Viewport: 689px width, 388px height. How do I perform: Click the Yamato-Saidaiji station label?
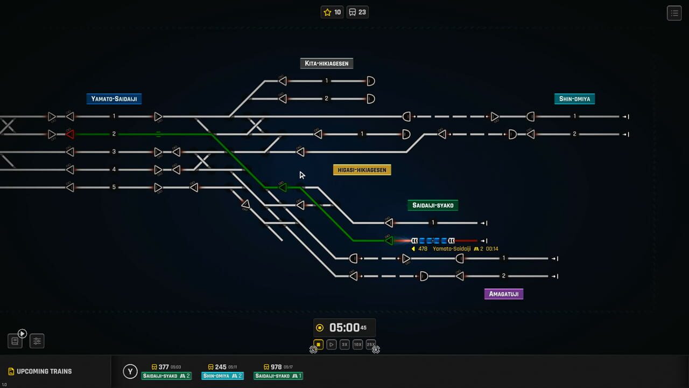pos(114,99)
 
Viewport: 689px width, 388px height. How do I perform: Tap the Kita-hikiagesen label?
pos(326,64)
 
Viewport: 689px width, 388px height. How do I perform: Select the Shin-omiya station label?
pos(574,99)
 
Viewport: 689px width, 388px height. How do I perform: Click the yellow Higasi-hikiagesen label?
pos(362,170)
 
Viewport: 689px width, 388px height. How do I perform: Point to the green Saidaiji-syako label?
pos(433,205)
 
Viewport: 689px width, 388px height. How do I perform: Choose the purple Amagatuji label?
pos(503,294)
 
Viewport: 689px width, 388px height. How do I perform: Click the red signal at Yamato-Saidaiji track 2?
pos(69,134)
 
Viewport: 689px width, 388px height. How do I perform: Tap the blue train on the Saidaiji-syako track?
pos(433,241)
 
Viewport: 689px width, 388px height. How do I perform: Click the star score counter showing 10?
pos(332,12)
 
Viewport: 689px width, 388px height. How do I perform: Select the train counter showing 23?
pos(357,12)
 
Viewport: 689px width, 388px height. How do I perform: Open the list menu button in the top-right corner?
pos(674,13)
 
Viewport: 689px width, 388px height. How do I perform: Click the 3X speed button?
pos(344,344)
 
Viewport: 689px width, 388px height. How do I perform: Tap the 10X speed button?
pos(357,344)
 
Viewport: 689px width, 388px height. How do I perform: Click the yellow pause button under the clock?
pos(318,344)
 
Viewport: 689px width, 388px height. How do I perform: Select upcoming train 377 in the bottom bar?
pos(166,371)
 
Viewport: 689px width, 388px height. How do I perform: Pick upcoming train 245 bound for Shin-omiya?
pos(222,371)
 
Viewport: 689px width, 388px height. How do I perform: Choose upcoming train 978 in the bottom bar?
pos(278,371)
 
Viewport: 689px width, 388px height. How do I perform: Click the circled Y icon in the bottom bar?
pos(130,371)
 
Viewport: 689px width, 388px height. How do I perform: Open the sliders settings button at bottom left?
pos(37,341)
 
